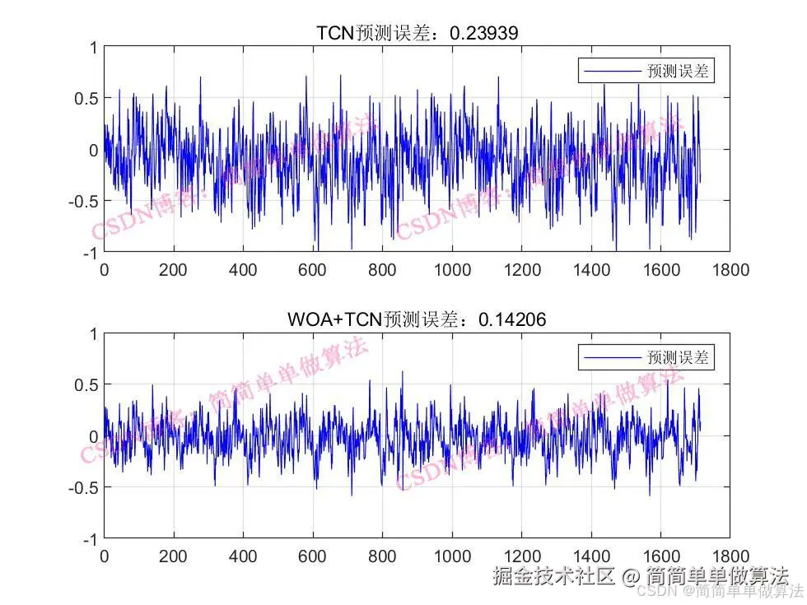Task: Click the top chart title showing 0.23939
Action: [x=417, y=33]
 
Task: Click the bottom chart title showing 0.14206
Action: [x=417, y=319]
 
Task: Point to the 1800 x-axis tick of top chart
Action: [x=731, y=270]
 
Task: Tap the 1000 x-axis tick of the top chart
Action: [x=452, y=270]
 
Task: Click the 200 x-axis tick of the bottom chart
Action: [x=174, y=556]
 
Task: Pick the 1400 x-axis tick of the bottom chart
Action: [x=591, y=556]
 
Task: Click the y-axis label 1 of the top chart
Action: [x=93, y=48]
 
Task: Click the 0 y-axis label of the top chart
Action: [x=93, y=150]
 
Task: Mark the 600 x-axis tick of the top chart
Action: [x=313, y=270]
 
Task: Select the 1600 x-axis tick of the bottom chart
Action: [x=661, y=556]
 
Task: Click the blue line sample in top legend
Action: [x=612, y=72]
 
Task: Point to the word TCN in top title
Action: [x=334, y=33]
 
